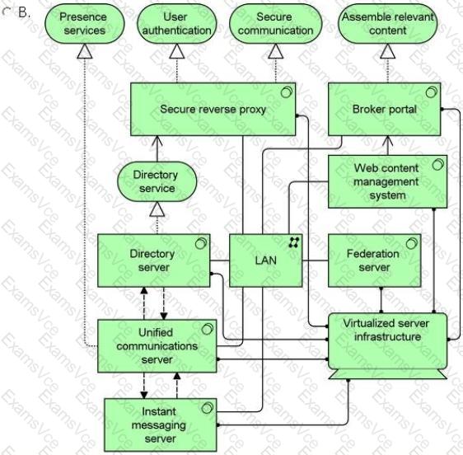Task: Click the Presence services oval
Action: coord(85,24)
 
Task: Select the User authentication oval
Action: coord(177,24)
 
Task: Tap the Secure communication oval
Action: coord(275,24)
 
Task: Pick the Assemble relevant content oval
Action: coord(388,24)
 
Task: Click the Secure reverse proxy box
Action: coord(213,110)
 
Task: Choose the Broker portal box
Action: coord(385,110)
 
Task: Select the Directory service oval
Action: coord(157,181)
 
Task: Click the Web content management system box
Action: coord(388,181)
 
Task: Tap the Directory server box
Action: coord(154,260)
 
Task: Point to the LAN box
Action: coord(266,260)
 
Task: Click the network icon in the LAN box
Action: coord(294,242)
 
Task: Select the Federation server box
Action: coord(374,260)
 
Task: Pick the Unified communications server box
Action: coord(157,346)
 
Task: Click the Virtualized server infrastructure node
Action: coord(388,345)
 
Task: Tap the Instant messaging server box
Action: coord(161,425)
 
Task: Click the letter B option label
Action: coord(24,12)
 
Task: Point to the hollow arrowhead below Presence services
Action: coord(85,51)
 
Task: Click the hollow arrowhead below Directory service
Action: coord(157,209)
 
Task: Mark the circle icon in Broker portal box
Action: coord(432,92)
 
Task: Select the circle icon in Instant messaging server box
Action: coord(208,408)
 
